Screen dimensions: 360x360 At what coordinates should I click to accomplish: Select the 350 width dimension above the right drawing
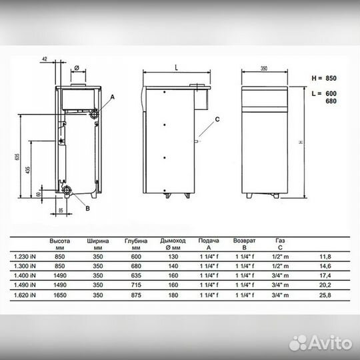(x=264, y=68)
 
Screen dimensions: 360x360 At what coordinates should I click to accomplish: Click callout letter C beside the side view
(x=217, y=119)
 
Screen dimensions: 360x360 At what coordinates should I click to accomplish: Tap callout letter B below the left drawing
(x=87, y=209)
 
